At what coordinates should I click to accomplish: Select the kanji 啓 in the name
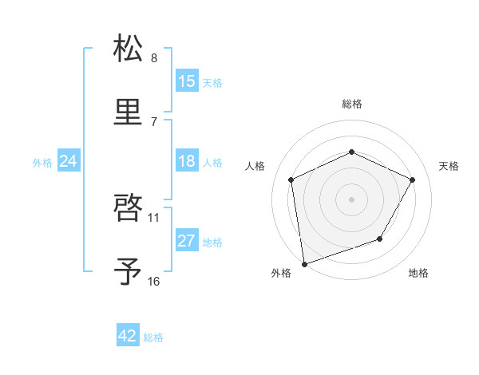(129, 207)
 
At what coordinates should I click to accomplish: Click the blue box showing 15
(187, 81)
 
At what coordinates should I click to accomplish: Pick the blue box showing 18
(187, 161)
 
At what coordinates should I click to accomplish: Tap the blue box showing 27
(187, 241)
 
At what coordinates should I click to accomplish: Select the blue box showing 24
(69, 161)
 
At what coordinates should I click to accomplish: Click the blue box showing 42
(128, 336)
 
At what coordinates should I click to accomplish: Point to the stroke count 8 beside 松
(154, 58)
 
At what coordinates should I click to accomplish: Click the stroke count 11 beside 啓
(154, 217)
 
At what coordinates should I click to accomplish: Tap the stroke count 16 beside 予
(154, 282)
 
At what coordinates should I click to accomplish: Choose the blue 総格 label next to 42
(153, 337)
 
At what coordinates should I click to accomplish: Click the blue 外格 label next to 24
(42, 163)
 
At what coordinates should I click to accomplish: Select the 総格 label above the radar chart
(351, 104)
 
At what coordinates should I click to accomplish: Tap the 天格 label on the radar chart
(449, 166)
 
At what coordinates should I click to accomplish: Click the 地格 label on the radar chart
(418, 273)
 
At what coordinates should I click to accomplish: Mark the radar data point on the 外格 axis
(304, 263)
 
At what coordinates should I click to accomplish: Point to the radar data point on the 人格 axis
(291, 180)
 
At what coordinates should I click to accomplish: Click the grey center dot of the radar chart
(351, 199)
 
